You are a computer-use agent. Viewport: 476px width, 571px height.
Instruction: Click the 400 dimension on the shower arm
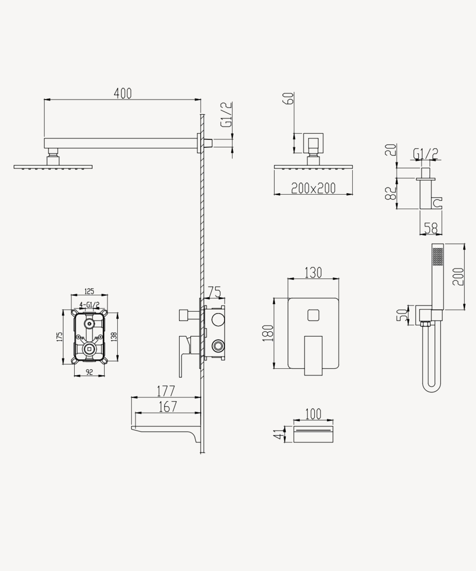click(123, 93)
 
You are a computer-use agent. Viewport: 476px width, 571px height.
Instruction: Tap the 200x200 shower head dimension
click(313, 188)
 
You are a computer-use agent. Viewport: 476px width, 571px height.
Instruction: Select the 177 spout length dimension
click(166, 391)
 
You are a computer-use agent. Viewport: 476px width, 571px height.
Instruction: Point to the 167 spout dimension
click(168, 407)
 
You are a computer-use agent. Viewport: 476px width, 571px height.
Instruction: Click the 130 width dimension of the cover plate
click(313, 272)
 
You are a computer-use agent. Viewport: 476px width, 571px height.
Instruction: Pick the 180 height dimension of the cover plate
click(268, 333)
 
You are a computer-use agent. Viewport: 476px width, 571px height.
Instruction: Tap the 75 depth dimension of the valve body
click(215, 292)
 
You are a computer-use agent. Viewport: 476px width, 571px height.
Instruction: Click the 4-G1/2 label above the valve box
click(89, 305)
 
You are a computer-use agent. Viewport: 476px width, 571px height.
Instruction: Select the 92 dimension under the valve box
click(89, 372)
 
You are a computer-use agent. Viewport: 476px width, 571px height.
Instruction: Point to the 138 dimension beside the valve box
click(114, 337)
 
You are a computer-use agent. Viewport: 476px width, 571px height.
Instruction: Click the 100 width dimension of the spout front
click(313, 414)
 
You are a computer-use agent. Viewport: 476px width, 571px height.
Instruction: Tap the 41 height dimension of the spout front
click(278, 434)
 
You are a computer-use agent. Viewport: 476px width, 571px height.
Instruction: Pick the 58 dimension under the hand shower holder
click(431, 228)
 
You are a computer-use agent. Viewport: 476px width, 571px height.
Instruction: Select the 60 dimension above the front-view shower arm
click(288, 98)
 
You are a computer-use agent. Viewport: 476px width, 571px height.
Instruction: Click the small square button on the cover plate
click(313, 315)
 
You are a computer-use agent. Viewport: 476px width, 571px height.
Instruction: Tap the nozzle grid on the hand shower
click(438, 256)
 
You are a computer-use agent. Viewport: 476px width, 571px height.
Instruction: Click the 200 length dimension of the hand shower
click(458, 276)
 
